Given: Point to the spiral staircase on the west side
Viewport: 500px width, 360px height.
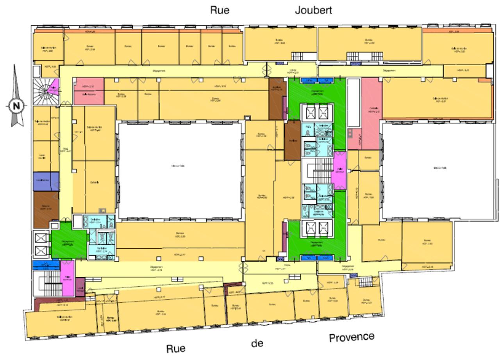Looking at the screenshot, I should tap(45, 91).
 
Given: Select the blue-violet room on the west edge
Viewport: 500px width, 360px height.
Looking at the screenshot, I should tap(46, 181).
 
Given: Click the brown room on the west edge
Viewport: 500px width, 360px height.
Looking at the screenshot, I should tap(46, 209).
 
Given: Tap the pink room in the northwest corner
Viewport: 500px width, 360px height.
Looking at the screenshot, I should tap(89, 91).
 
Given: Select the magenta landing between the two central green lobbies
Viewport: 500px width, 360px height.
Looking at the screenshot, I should tap(338, 171).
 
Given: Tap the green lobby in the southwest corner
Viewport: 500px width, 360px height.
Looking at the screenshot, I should tap(69, 242).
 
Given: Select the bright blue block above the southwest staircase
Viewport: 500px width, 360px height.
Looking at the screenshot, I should tap(45, 265).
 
